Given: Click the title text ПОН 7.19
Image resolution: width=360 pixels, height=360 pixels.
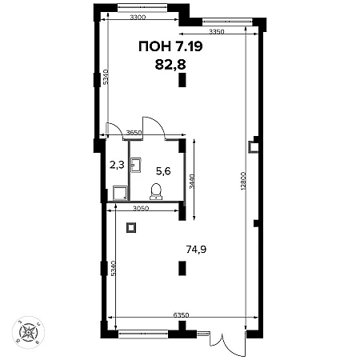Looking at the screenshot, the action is pyautogui.click(x=170, y=46).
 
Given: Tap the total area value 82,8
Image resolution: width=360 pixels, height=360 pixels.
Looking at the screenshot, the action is pyautogui.click(x=170, y=64).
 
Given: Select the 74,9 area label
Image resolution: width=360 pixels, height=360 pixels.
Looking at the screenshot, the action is pyautogui.click(x=196, y=250).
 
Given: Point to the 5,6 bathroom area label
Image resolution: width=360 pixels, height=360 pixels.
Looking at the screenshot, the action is pyautogui.click(x=163, y=171).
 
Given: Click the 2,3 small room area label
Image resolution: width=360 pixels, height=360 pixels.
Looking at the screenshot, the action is pyautogui.click(x=117, y=165).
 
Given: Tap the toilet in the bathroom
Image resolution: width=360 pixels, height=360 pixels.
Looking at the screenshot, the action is pyautogui.click(x=156, y=191).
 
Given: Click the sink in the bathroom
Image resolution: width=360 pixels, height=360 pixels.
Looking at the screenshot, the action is pyautogui.click(x=136, y=166).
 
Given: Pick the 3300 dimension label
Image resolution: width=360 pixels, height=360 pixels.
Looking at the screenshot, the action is pyautogui.click(x=138, y=18).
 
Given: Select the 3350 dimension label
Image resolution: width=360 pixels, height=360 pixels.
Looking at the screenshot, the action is pyautogui.click(x=217, y=32).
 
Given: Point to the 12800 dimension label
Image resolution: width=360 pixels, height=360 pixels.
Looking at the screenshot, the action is pyautogui.click(x=243, y=181).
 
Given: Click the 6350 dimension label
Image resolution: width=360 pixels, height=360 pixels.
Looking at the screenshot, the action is pyautogui.click(x=181, y=315).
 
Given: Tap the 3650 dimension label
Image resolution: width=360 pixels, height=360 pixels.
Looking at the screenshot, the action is pyautogui.click(x=134, y=132).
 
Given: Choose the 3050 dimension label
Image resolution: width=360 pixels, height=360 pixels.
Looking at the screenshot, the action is pyautogui.click(x=141, y=209).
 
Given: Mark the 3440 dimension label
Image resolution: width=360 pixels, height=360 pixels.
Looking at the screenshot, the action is pyautogui.click(x=192, y=182).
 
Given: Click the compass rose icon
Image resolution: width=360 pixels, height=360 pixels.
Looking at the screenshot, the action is pyautogui.click(x=28, y=332).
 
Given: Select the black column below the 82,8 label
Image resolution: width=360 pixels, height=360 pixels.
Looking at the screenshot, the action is pyautogui.click(x=182, y=80).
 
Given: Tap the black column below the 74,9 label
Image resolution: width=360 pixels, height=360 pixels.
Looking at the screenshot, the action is pyautogui.click(x=182, y=268).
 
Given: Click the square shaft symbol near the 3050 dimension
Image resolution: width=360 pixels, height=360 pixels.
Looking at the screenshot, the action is pyautogui.click(x=131, y=227).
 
